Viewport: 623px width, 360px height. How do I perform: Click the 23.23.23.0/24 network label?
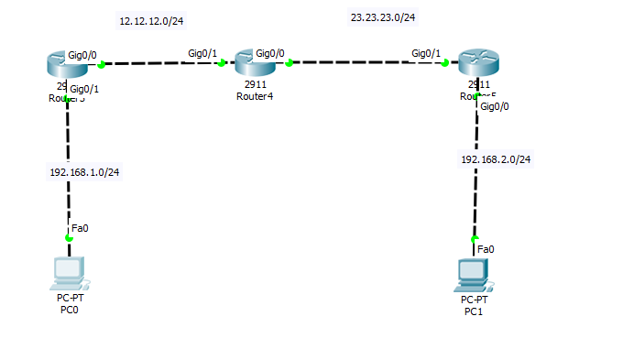click(x=383, y=16)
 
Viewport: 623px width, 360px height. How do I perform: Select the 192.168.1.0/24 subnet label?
click(x=84, y=172)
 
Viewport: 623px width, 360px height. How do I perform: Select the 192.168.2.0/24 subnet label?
click(x=496, y=159)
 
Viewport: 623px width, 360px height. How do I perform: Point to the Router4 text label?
click(x=254, y=96)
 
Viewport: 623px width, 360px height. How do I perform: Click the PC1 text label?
click(x=474, y=311)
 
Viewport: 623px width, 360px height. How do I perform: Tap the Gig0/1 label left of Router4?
click(x=202, y=54)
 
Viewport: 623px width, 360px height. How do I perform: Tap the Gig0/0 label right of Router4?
click(x=270, y=54)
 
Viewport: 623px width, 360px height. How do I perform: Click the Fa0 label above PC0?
click(x=80, y=228)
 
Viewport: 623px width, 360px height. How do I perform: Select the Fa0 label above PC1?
click(x=486, y=249)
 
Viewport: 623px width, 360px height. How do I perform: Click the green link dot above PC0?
click(x=68, y=238)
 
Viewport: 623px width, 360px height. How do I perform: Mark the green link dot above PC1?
click(x=475, y=238)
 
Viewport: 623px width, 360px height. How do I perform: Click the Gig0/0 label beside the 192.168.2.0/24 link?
click(x=495, y=107)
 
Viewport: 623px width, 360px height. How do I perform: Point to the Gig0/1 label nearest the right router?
click(x=426, y=54)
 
